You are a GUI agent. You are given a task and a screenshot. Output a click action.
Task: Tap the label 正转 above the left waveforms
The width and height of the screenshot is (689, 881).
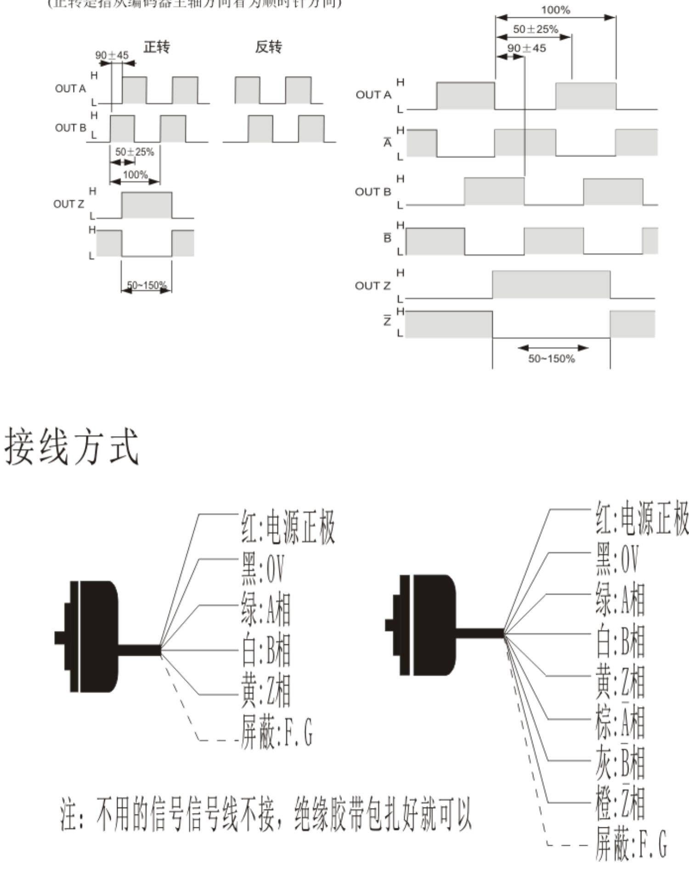pos(157,47)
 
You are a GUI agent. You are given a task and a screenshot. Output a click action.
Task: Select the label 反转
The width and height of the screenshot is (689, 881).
pos(269,47)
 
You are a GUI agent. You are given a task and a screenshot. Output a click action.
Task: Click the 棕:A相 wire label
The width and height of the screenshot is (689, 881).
pos(620,721)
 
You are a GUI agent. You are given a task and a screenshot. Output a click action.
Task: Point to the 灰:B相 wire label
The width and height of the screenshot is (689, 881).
pos(620,762)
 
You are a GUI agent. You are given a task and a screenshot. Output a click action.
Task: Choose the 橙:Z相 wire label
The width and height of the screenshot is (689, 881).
pos(620,803)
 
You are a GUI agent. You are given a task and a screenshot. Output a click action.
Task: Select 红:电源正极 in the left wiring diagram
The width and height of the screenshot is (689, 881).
pos(288,528)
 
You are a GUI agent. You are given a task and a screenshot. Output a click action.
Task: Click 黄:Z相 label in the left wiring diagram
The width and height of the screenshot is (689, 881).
pos(266,691)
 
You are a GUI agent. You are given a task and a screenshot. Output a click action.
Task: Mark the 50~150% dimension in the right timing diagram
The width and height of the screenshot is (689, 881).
pos(551,358)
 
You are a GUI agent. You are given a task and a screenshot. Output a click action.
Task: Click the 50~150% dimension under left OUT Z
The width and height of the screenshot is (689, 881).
pos(147,285)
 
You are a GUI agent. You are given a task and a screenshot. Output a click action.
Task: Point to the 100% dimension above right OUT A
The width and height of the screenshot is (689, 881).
pos(555,10)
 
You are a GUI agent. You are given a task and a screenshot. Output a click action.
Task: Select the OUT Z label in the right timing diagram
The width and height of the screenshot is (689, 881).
pos(373,285)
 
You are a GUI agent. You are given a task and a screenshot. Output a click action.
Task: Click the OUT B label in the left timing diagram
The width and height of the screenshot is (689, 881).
pos(70,128)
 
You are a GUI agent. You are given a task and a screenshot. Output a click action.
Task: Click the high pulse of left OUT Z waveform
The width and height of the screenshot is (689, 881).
pos(147,205)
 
